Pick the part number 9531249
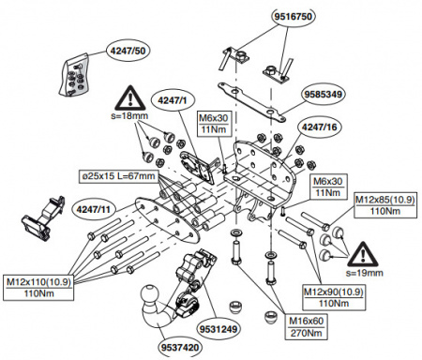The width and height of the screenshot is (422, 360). point(218,330)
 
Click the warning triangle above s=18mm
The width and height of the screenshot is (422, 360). point(128,98)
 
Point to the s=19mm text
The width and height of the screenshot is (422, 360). point(364,272)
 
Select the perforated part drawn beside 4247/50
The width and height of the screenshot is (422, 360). point(76,72)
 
